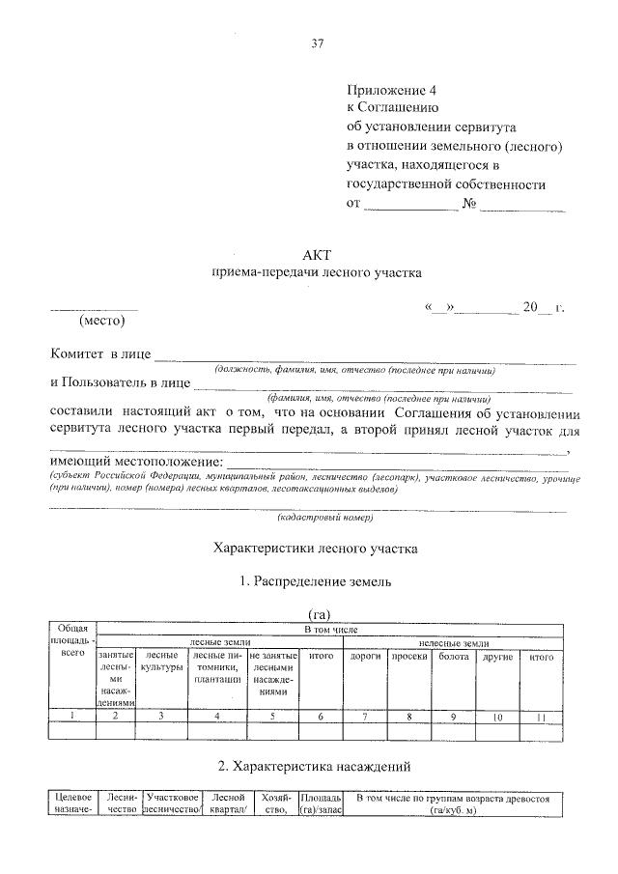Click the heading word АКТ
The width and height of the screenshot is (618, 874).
coord(316,255)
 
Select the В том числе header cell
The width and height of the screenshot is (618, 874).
coord(331,629)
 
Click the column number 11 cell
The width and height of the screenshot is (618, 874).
coord(542,716)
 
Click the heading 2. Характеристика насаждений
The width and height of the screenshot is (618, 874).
coord(316,767)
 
